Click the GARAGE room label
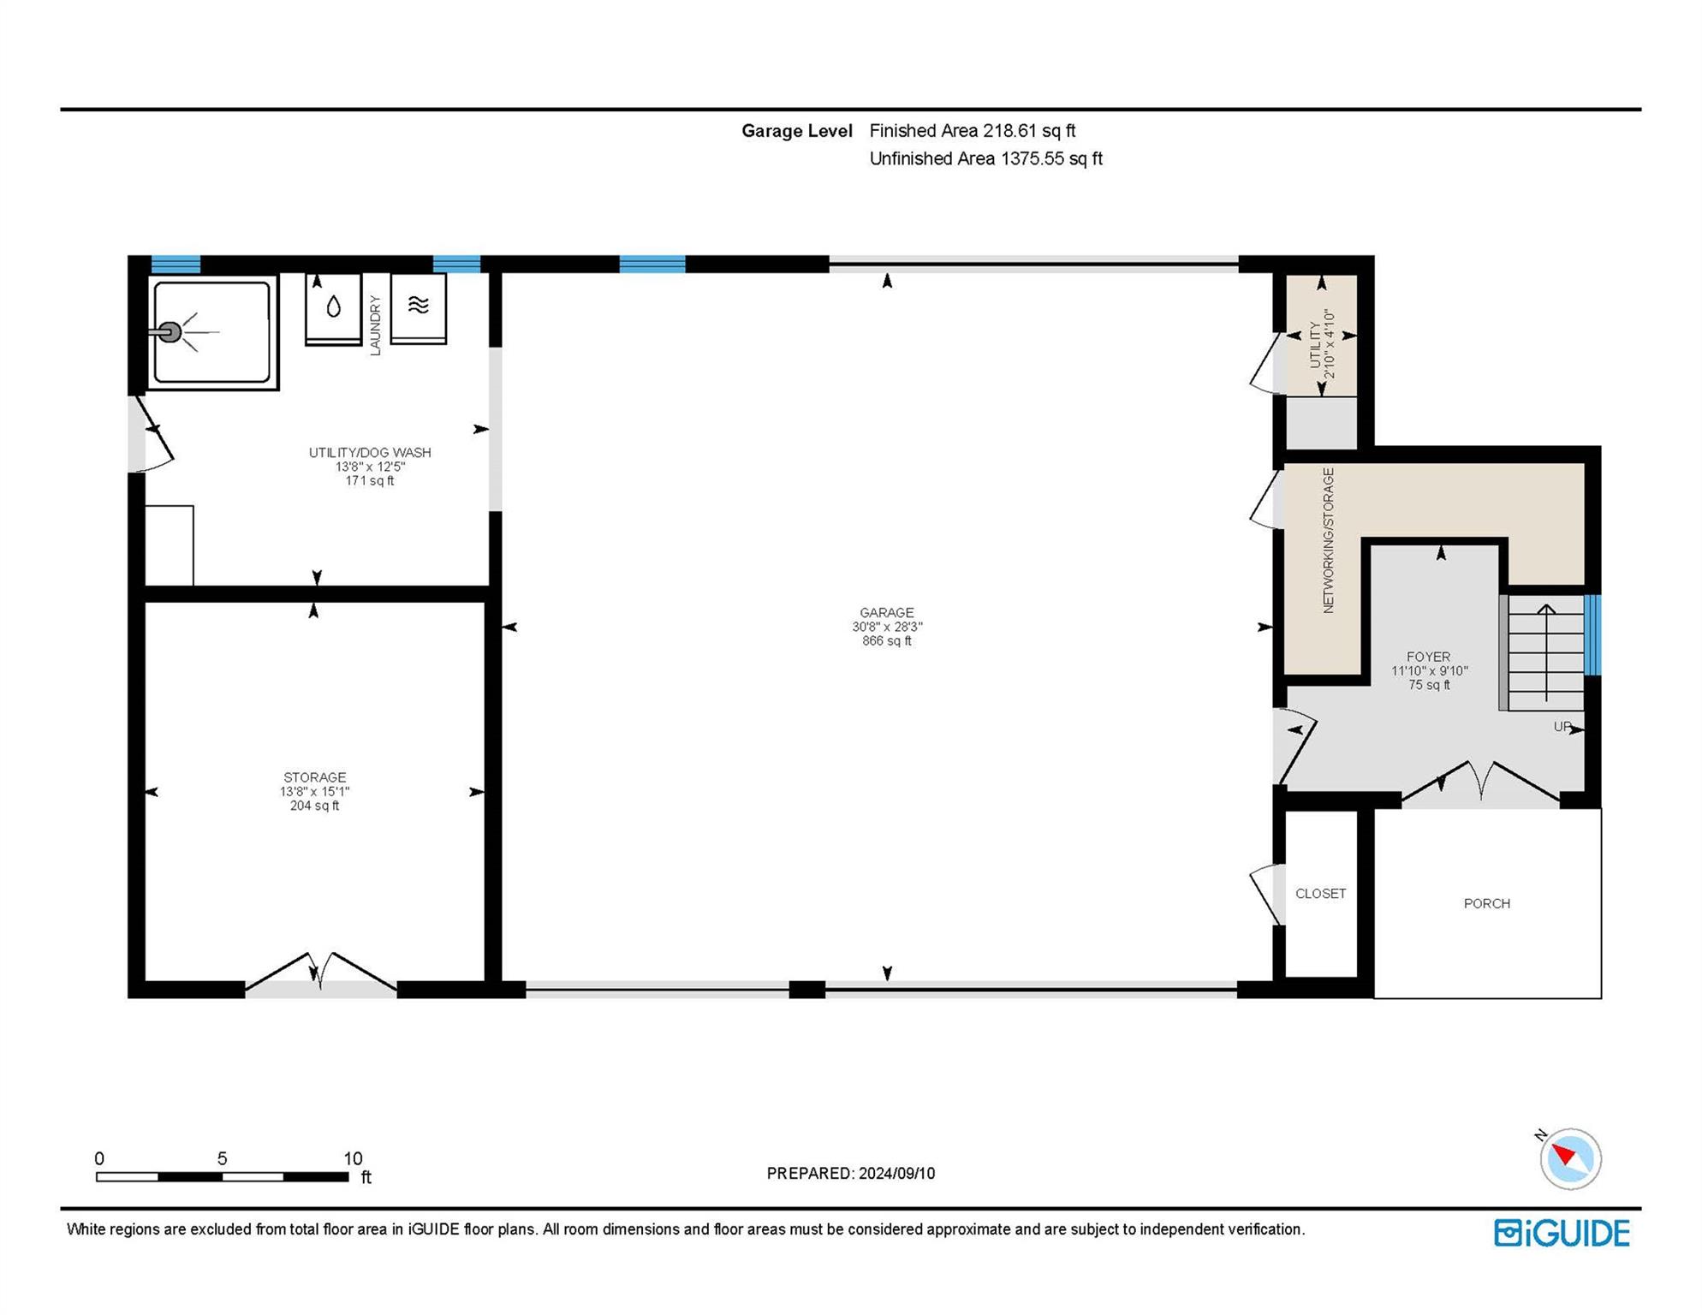(887, 627)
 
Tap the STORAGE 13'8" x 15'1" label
(314, 792)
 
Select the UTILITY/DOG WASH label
(370, 467)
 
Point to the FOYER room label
(1429, 671)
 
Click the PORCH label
(1487, 904)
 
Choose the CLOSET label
(1321, 894)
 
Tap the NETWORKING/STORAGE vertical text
(1329, 540)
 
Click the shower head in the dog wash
(170, 332)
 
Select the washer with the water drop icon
(334, 309)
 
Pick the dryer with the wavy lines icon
(419, 308)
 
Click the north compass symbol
(1570, 1158)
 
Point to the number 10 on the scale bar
(353, 1158)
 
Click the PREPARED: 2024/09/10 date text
(851, 1174)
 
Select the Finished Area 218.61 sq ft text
(973, 131)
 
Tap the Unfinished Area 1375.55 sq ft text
(986, 158)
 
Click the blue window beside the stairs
(1593, 635)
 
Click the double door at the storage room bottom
(321, 974)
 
